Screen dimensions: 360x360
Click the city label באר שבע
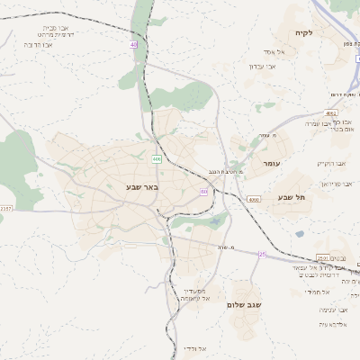141,187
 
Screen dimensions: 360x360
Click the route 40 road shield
133,43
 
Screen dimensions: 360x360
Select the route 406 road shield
156,158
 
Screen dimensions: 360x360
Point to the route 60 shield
204,191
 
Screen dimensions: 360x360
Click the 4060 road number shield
253,198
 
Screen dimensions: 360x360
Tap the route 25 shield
262,254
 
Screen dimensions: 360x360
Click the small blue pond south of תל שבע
299,234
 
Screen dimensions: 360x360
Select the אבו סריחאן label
332,181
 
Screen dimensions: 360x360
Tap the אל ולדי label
194,348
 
